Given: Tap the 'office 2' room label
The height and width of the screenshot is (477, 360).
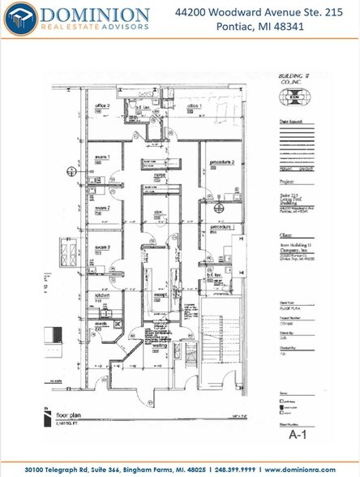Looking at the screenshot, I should point(102,106).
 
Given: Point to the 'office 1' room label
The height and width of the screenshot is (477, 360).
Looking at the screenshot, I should point(194,106).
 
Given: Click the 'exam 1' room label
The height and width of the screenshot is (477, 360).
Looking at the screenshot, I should point(103,157).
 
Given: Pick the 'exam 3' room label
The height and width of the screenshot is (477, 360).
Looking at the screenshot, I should point(103,247).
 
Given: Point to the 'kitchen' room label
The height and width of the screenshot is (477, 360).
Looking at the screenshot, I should point(102,295).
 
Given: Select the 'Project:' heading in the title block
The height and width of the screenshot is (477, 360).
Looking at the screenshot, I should point(274,183).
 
